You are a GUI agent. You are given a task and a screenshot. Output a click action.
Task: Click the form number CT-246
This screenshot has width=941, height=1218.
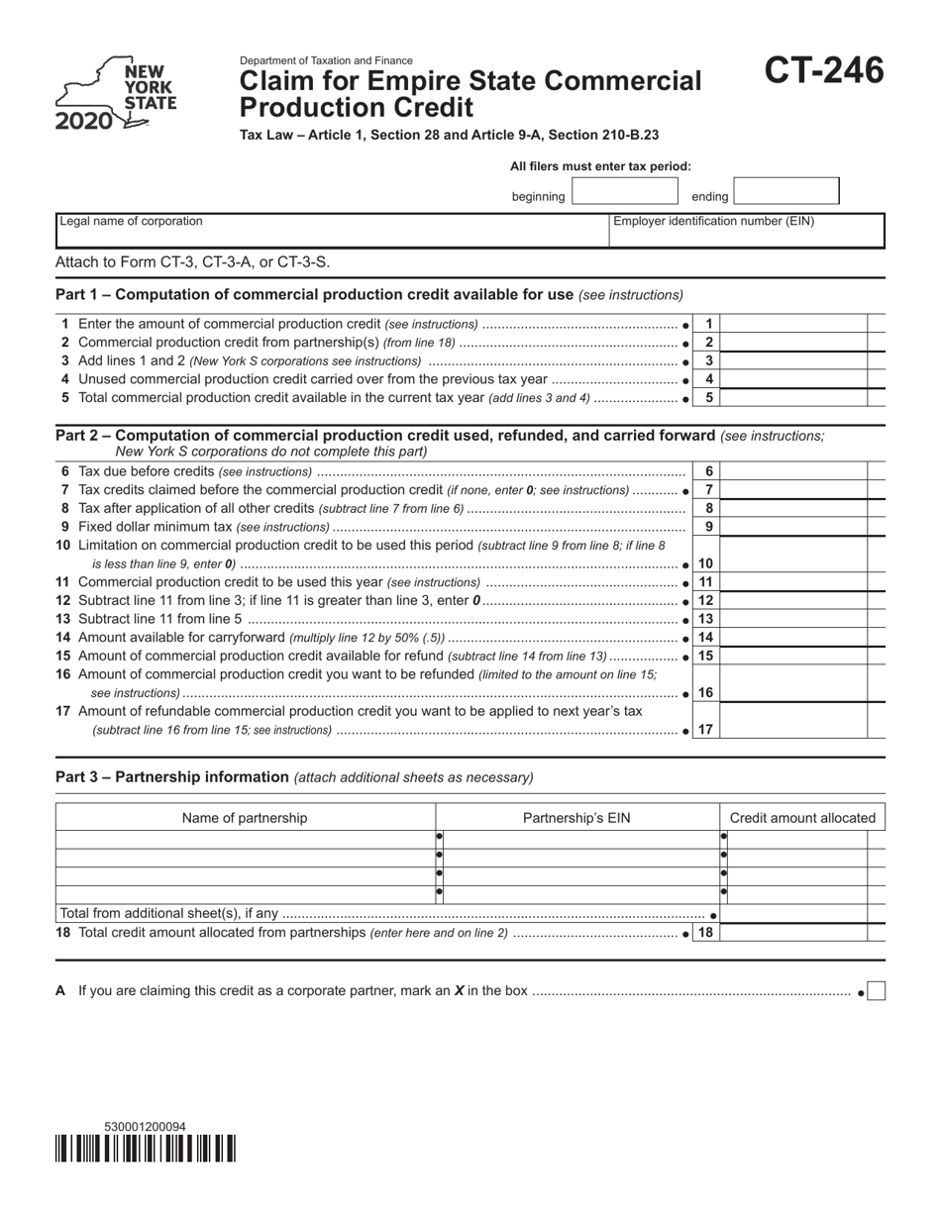pos(823,71)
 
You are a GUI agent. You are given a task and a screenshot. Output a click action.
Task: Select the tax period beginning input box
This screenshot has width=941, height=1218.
pos(624,192)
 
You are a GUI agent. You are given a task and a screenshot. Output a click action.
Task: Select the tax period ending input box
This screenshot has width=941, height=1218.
pos(786,192)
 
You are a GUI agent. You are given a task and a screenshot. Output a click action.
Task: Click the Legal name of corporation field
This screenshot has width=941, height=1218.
pos(332,230)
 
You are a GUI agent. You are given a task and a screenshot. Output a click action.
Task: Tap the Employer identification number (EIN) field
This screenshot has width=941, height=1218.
pos(746,230)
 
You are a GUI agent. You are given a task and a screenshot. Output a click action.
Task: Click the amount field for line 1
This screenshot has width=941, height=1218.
pos(794,324)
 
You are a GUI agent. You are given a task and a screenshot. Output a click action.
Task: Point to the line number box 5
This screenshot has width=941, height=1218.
pos(708,398)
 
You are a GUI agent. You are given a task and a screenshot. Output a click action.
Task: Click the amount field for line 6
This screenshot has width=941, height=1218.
pos(794,472)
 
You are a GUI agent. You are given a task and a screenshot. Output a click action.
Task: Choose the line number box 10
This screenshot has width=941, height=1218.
pos(706,562)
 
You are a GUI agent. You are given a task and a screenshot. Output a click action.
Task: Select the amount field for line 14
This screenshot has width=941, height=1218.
pos(794,638)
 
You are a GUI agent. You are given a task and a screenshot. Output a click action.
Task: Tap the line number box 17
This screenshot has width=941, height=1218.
pos(706,730)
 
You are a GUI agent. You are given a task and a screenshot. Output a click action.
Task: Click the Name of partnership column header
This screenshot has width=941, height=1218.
pos(245,818)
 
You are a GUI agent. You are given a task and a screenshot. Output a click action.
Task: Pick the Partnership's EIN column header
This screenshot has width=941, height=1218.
pos(576,818)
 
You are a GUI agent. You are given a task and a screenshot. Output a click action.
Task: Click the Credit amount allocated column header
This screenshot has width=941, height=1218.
pos(802,818)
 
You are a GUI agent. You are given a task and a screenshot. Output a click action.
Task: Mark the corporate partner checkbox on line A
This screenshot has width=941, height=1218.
pos(876,991)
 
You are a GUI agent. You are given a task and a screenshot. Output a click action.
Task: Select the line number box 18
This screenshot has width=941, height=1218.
pos(706,933)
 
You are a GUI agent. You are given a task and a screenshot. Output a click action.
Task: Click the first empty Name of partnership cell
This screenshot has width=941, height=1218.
pos(245,840)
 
